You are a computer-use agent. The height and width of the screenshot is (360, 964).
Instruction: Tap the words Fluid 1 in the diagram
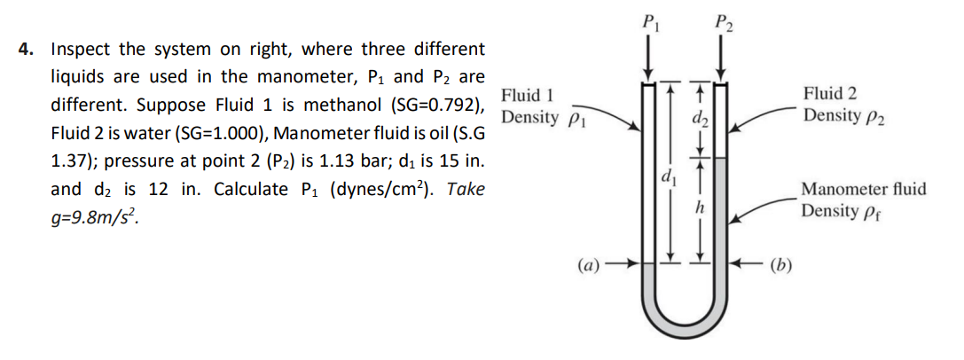point(528,95)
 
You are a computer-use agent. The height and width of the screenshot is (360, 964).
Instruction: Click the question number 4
point(26,50)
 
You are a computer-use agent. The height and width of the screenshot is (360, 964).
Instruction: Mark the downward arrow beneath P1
point(650,58)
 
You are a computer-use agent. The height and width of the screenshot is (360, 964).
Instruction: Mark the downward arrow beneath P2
point(723,58)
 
